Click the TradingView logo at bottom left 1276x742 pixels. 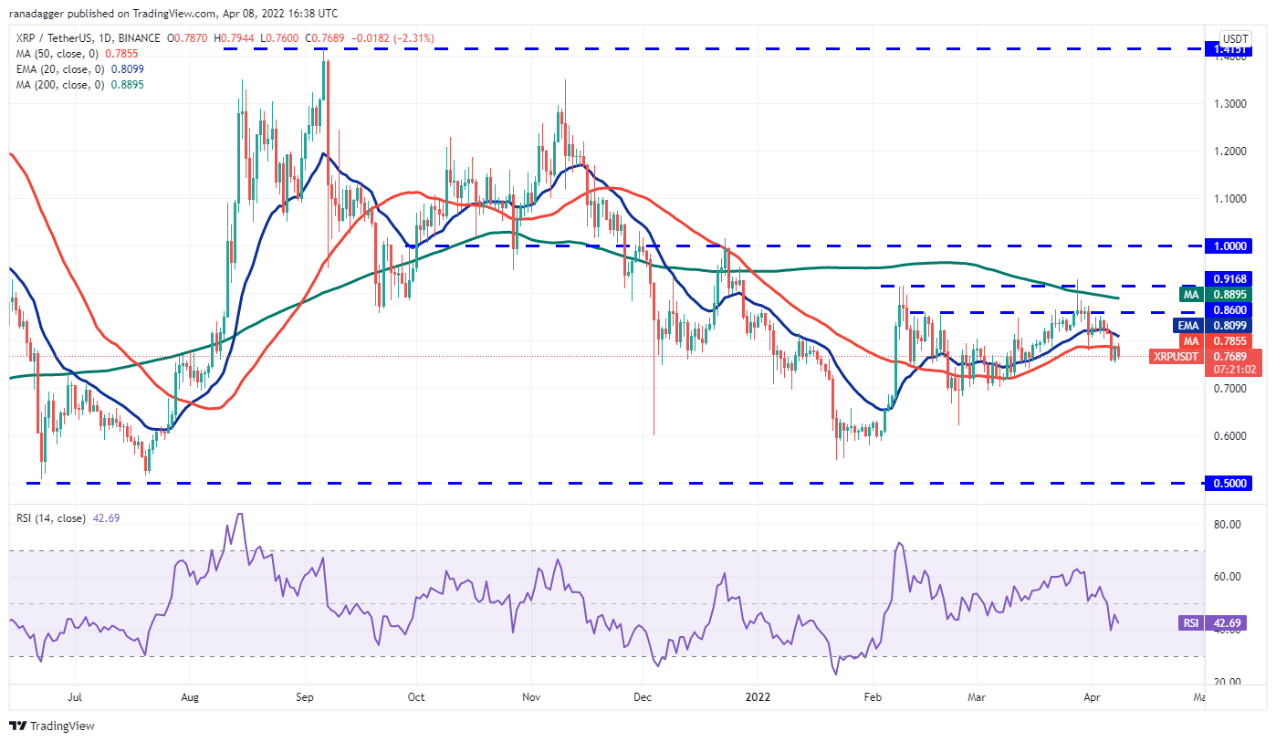pyautogui.click(x=52, y=726)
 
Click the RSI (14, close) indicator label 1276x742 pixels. pyautogui.click(x=52, y=518)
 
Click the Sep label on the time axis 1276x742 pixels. pyautogui.click(x=305, y=697)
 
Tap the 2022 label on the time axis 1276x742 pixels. pyautogui.click(x=758, y=697)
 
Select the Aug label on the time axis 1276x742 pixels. pyautogui.click(x=190, y=697)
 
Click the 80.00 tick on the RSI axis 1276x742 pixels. pyautogui.click(x=1224, y=525)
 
